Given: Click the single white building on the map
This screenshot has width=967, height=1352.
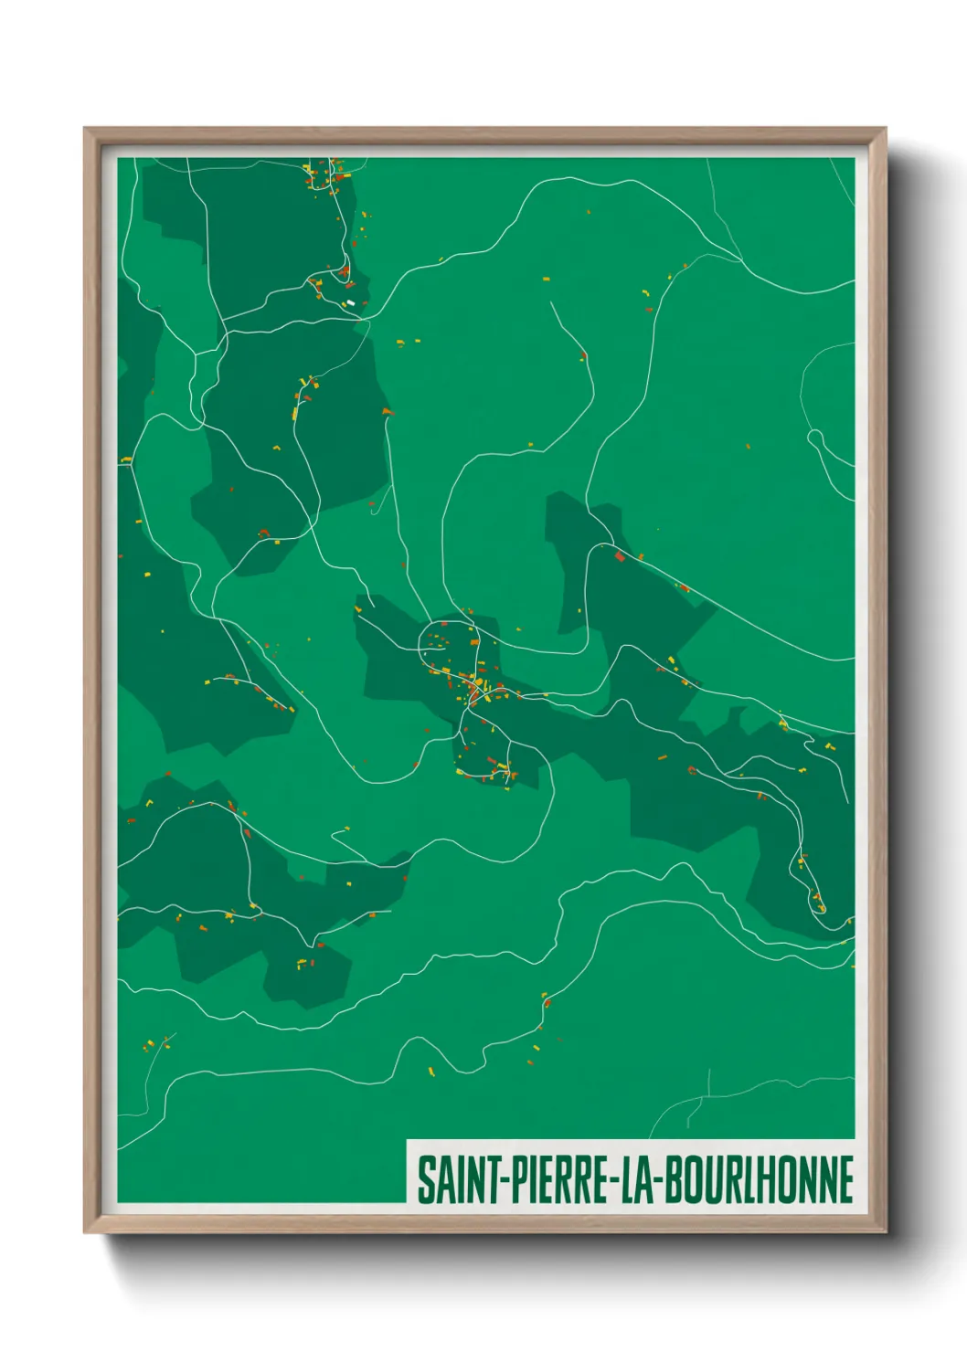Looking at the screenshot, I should pos(350,302).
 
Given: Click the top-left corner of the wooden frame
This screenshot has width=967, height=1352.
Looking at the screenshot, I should pos(85,129).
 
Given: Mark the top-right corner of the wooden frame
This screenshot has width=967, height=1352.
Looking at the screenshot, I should pos(885,129).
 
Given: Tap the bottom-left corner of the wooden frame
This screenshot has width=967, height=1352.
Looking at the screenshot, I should pos(85,1231).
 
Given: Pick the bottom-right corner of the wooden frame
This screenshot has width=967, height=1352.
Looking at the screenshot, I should pos(885,1231).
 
